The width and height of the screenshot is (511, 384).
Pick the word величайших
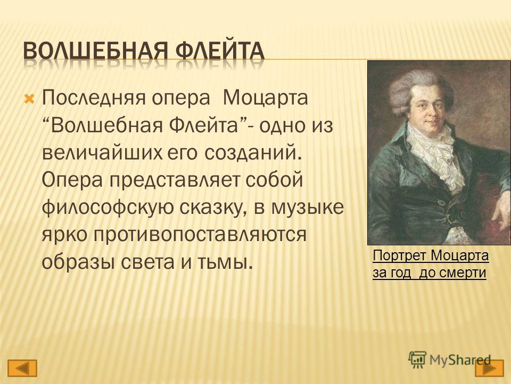pos(102,153)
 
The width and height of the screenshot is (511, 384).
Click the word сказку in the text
pos(215,208)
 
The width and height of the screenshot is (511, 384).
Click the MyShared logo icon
pos(417,359)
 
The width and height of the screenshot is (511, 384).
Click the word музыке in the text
pos(307,208)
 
